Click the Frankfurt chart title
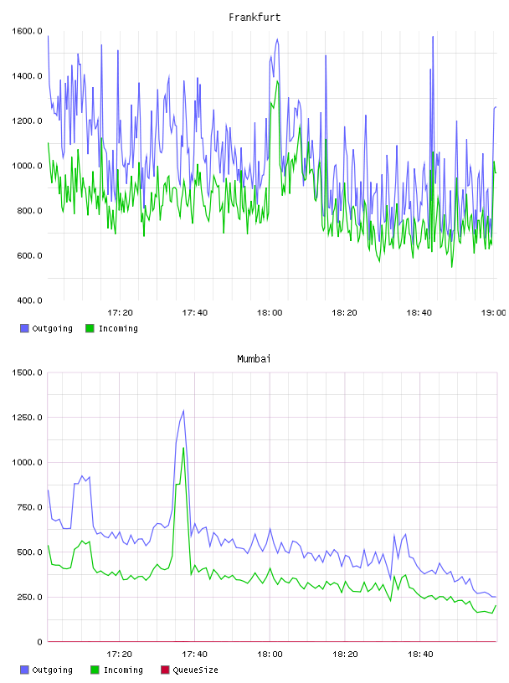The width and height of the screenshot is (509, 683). [x=254, y=17]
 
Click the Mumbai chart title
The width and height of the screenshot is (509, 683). [x=254, y=358]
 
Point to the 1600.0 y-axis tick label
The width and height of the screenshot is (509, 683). [x=27, y=31]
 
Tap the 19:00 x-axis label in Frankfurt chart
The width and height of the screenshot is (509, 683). [x=493, y=312]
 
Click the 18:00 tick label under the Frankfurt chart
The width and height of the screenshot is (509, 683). [x=270, y=312]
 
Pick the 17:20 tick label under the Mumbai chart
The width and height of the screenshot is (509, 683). [x=120, y=654]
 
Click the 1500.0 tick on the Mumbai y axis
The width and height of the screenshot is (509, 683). [x=27, y=372]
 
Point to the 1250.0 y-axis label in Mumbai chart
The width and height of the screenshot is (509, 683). [x=27, y=418]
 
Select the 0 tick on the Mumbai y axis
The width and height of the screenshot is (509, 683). [x=39, y=642]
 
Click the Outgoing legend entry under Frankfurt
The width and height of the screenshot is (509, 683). [x=47, y=328]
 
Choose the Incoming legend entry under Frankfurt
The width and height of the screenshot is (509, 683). [x=112, y=328]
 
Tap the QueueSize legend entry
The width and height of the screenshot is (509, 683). [x=189, y=670]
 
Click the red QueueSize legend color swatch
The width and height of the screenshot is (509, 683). [x=165, y=670]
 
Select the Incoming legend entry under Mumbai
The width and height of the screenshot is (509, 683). [x=117, y=670]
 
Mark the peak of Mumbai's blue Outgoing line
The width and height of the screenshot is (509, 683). [x=183, y=410]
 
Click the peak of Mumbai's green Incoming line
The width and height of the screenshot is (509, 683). [x=183, y=447]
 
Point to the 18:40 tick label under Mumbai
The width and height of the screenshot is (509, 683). [x=420, y=654]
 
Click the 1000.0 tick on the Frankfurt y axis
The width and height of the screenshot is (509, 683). [x=27, y=166]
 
